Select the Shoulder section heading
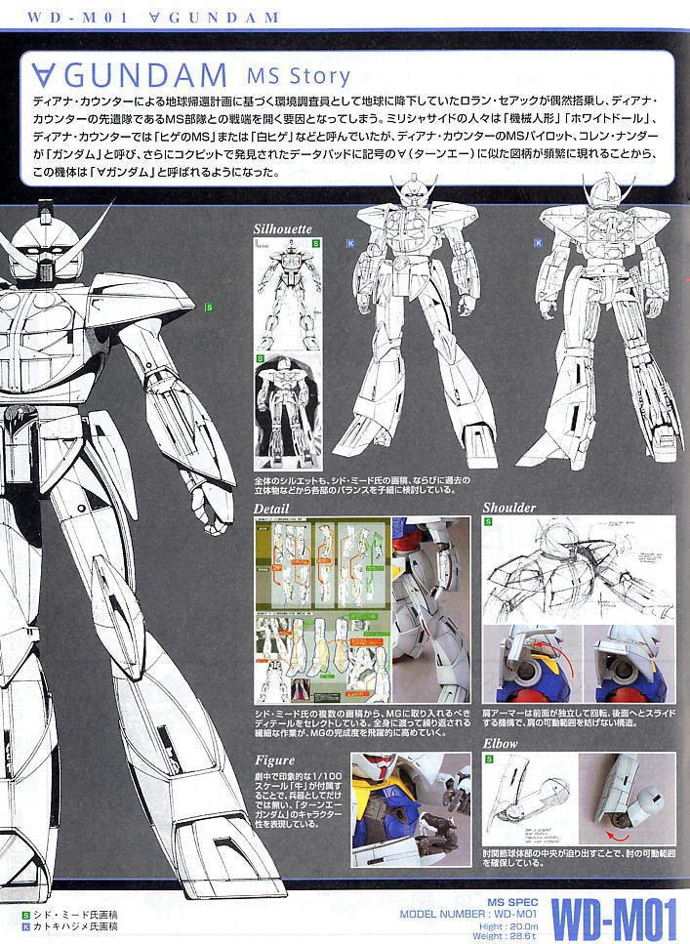[509, 508]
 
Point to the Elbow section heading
[502, 744]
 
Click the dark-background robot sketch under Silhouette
[287, 407]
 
